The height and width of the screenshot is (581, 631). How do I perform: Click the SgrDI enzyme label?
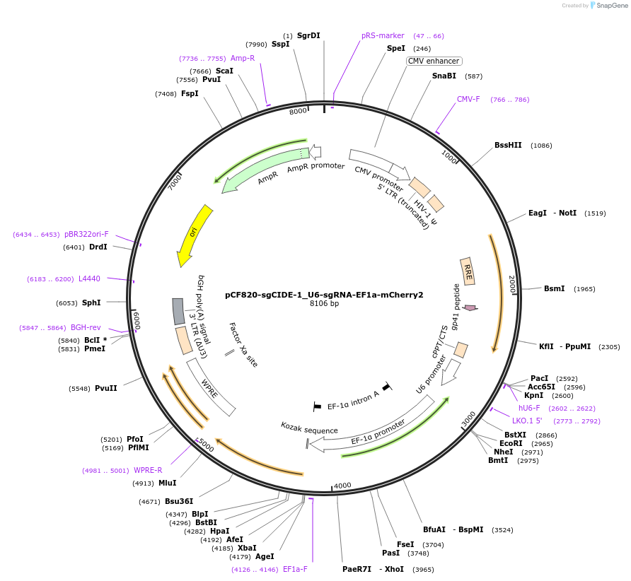(308, 35)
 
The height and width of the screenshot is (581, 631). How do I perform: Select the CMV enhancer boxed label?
(434, 61)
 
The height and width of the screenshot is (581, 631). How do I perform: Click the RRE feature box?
(468, 271)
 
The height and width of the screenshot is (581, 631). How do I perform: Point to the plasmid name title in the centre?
(324, 295)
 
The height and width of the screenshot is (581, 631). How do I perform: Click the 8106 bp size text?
(324, 304)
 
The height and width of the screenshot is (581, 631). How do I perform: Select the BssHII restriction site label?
(508, 146)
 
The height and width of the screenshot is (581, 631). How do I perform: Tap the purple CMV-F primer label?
(468, 100)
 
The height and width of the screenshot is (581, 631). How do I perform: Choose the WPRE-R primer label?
(148, 470)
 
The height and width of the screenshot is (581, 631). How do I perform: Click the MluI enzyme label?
(168, 483)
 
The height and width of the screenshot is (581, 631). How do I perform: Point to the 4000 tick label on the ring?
(342, 486)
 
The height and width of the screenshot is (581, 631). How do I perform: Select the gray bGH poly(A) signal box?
(178, 311)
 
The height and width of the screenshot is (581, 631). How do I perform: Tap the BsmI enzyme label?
(554, 288)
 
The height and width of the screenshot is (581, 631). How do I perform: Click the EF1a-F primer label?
(295, 569)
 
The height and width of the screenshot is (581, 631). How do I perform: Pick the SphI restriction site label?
(91, 303)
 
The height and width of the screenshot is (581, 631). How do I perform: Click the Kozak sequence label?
(309, 428)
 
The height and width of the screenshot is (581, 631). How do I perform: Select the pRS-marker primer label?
(383, 35)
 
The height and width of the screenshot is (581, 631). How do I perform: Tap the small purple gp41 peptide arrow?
(470, 307)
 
